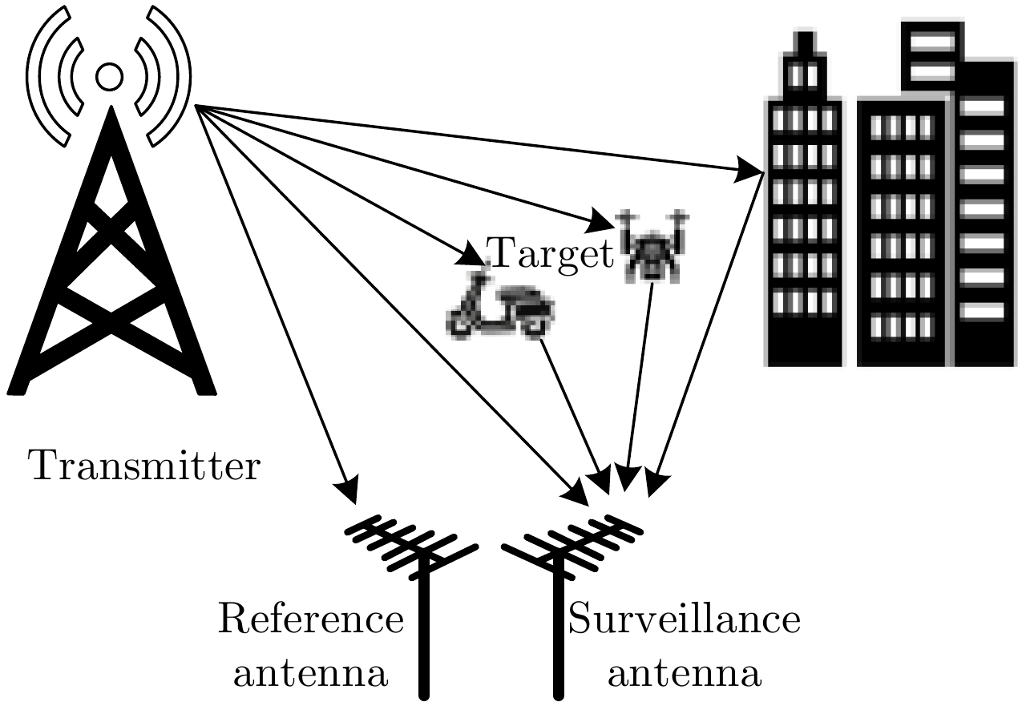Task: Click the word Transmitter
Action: tap(144, 466)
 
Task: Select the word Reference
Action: tap(311, 620)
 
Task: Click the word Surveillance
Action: tap(685, 620)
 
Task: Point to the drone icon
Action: tap(651, 244)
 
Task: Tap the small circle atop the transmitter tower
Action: tap(108, 77)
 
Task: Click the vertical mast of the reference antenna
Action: tap(424, 633)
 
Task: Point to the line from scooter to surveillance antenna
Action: tap(571, 405)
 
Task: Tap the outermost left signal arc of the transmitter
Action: tap(37, 77)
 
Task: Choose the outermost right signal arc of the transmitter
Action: tap(181, 77)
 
